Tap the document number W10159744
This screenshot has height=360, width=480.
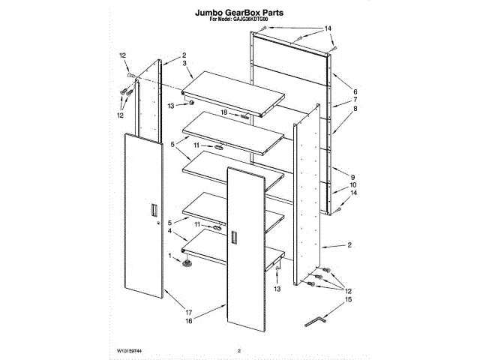pos(130,350)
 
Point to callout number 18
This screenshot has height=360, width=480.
pos(223,112)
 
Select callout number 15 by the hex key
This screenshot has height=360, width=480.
pos(346,300)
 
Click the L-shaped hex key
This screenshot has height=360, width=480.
pos(317,321)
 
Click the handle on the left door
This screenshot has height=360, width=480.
pos(154,209)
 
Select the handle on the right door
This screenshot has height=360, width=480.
pos(235,238)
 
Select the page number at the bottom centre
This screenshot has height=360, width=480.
pos(239,350)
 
